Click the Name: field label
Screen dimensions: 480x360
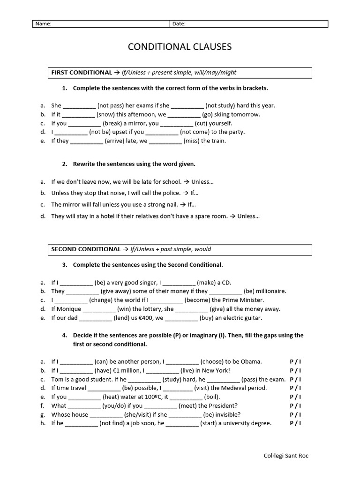point(44,24)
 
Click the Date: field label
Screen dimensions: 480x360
point(179,24)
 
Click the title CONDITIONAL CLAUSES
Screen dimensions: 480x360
point(180,47)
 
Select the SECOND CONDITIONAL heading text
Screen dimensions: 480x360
point(86,249)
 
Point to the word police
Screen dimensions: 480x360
point(170,193)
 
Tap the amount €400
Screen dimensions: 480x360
point(147,318)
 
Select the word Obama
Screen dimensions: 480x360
point(251,361)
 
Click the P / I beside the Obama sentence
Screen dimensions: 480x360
point(295,361)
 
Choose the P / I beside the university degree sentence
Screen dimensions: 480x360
point(295,423)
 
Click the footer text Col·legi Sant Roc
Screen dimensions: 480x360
point(286,456)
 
